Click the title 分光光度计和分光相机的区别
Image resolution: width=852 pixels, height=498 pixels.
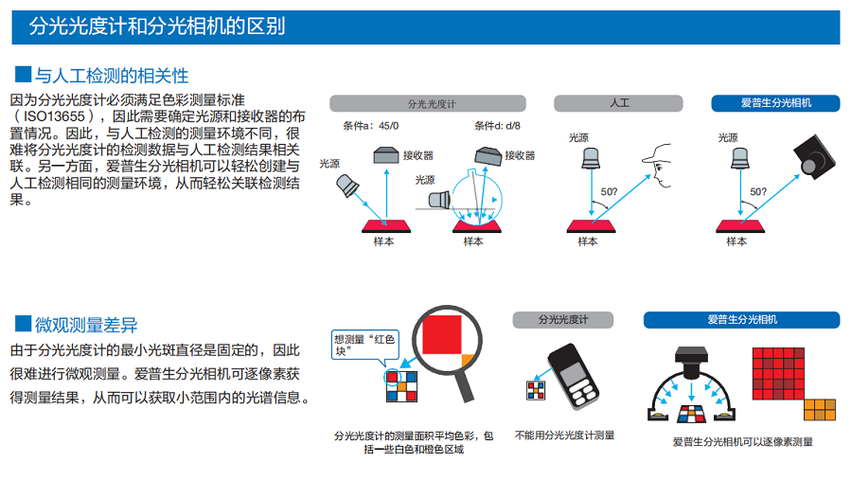(x=157, y=27)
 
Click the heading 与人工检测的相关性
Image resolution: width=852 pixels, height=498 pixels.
(x=112, y=76)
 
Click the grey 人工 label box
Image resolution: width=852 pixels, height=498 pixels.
(x=619, y=102)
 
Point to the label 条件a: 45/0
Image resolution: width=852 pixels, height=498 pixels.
(x=371, y=126)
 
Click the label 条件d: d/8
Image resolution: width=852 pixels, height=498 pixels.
(x=497, y=126)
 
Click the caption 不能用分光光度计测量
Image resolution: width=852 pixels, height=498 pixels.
(x=564, y=435)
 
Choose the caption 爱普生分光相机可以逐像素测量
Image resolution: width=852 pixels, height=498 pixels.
(x=742, y=441)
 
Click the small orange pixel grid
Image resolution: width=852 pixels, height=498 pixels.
(x=819, y=409)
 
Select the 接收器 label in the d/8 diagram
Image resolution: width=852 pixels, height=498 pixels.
(x=520, y=155)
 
